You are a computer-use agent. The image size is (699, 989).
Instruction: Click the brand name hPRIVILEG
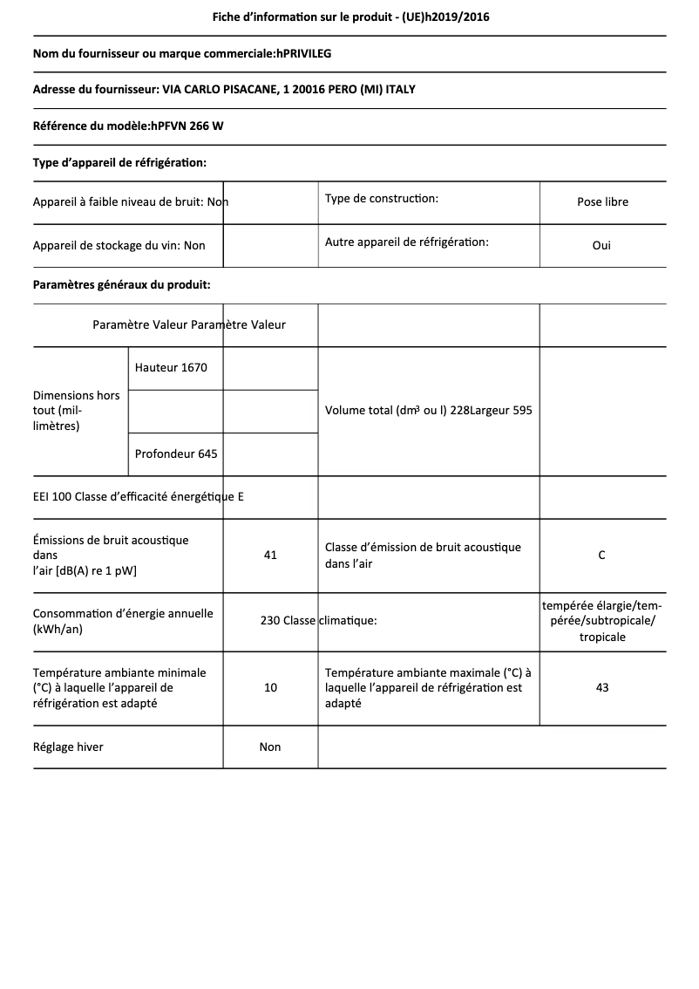(303, 53)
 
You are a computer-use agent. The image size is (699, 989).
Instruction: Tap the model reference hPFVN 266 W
(187, 126)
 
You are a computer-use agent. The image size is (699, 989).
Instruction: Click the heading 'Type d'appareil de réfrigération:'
(119, 162)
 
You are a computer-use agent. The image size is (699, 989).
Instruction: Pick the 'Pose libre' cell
(602, 201)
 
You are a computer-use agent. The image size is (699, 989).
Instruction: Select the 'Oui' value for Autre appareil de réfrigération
(601, 245)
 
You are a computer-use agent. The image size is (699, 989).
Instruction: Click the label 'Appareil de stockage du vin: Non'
(119, 245)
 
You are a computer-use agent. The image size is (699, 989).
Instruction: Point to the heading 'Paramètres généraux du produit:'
(121, 284)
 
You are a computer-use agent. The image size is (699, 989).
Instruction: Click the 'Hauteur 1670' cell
(171, 367)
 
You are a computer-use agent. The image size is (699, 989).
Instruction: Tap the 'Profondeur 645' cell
(176, 454)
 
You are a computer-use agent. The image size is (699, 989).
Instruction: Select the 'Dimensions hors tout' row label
(77, 410)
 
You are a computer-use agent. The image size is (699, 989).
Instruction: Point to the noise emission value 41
(270, 555)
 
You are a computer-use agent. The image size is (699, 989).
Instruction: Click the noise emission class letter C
(601, 555)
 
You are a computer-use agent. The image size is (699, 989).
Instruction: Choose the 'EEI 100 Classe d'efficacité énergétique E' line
(139, 497)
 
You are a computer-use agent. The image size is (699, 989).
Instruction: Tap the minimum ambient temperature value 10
(270, 687)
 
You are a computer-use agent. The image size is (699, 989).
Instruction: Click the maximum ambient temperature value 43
(601, 687)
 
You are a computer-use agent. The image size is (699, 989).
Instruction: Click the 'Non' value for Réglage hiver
(270, 747)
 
